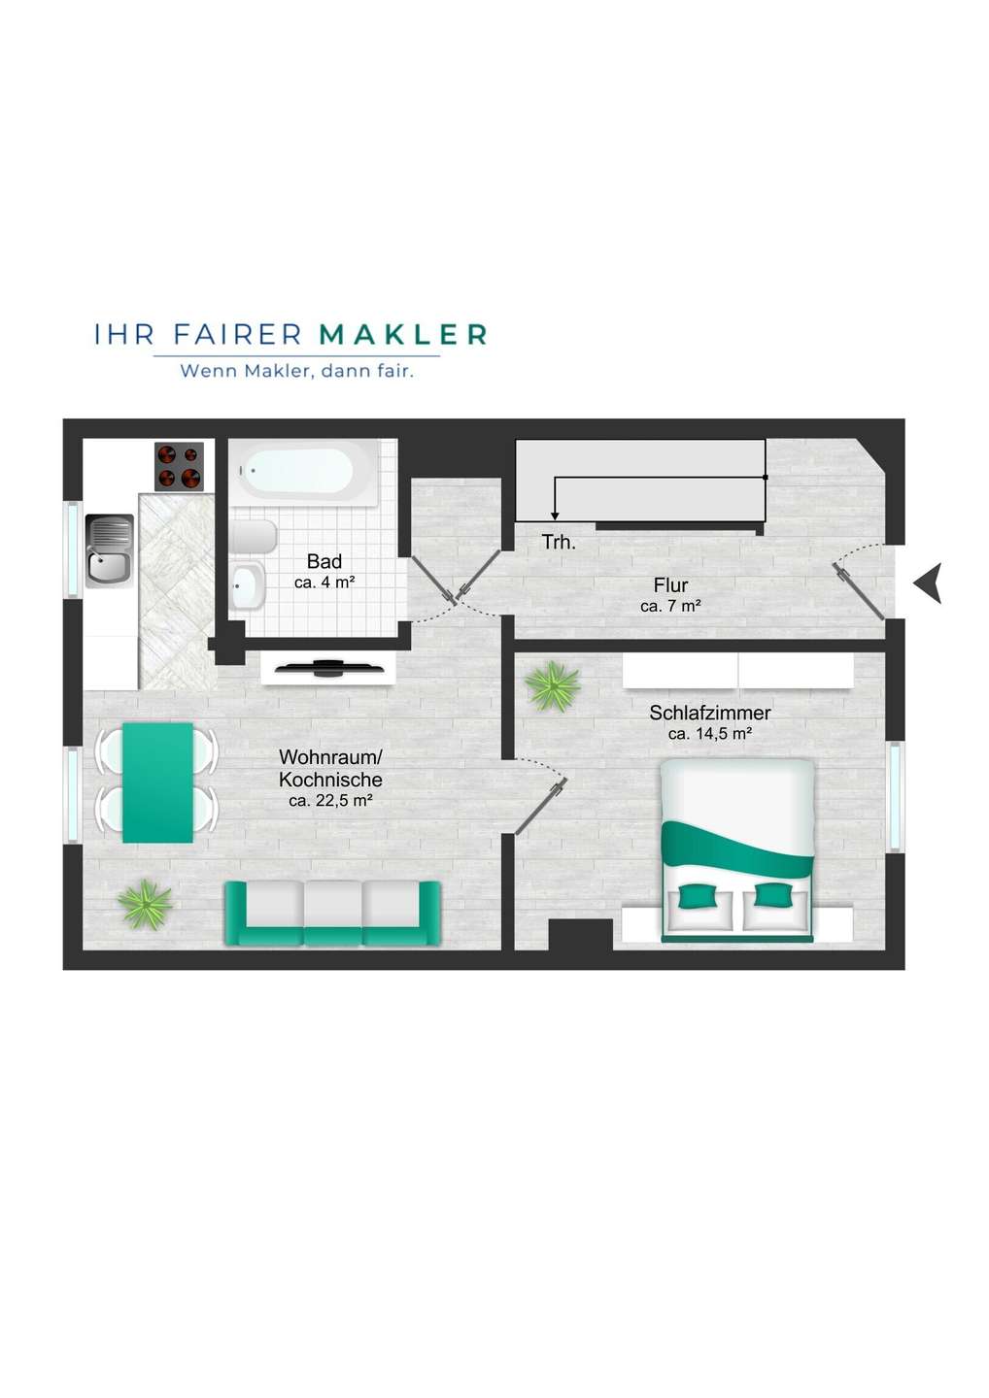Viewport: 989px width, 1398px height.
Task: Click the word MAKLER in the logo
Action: [x=403, y=335]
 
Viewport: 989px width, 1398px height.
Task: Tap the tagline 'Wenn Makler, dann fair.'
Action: [x=297, y=371]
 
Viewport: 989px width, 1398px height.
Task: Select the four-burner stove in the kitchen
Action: [x=179, y=466]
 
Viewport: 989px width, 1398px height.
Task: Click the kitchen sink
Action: [x=109, y=550]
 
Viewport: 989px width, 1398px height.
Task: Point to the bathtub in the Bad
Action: [x=304, y=473]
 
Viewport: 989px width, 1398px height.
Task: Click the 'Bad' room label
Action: [x=324, y=561]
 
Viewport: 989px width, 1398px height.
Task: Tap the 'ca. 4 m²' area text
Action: [x=324, y=582]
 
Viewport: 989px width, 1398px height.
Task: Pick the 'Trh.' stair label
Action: [x=559, y=542]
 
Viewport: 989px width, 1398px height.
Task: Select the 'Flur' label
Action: [x=670, y=585]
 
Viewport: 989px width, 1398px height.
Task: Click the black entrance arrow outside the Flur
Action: [x=929, y=582]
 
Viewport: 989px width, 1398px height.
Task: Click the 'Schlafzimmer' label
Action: [x=710, y=713]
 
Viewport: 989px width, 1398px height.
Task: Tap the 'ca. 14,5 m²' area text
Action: [x=710, y=734]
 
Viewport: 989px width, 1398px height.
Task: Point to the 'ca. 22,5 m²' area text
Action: [x=331, y=801]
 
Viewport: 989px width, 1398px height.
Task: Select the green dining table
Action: [x=158, y=782]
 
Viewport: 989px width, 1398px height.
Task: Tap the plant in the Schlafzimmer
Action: [x=553, y=686]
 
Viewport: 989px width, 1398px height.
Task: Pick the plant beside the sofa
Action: [x=146, y=905]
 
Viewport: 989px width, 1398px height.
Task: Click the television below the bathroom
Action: [x=329, y=668]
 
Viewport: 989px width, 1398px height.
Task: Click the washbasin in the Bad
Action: [x=248, y=585]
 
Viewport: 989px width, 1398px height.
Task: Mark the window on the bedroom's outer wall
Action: [x=895, y=797]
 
